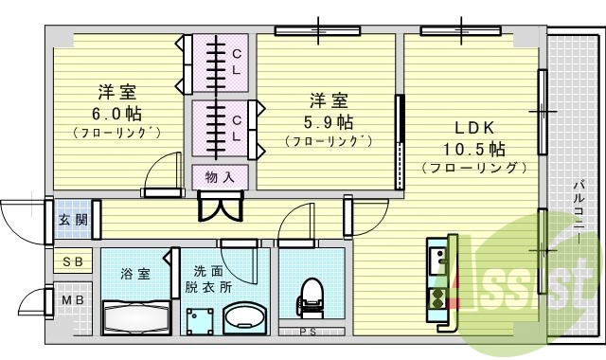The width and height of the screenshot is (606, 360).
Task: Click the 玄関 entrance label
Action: [x=71, y=221]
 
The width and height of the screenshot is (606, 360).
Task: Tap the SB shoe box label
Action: [x=72, y=261]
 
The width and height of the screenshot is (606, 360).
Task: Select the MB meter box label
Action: [x=72, y=301]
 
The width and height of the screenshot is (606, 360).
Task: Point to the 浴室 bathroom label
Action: [x=134, y=274]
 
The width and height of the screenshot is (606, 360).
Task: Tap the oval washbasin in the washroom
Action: [x=246, y=317]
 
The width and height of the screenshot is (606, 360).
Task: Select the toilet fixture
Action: [x=311, y=297]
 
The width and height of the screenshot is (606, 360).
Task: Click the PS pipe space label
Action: [x=308, y=332]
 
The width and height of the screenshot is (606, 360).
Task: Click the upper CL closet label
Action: [x=237, y=63]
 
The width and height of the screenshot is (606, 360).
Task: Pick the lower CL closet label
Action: [x=237, y=128]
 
